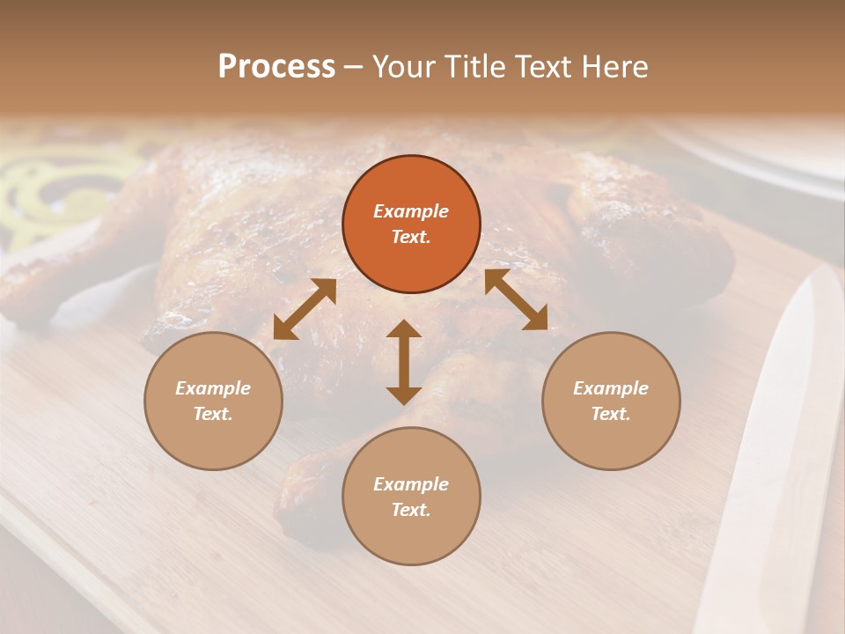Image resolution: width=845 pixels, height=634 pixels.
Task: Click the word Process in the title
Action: [x=276, y=67]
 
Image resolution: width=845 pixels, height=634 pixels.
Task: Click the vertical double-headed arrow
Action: [x=404, y=362]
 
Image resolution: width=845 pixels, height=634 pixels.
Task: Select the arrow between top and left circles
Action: [x=305, y=308]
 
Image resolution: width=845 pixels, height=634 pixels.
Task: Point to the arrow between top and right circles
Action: [x=516, y=299]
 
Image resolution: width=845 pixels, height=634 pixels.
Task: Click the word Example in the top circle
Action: [x=411, y=211]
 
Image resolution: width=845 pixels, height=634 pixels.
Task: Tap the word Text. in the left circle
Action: [x=213, y=414]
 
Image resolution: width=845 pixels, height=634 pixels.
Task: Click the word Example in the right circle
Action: [x=611, y=388]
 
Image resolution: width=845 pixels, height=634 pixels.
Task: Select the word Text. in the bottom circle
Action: [x=411, y=510]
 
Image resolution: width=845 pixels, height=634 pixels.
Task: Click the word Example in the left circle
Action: [x=213, y=388]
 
